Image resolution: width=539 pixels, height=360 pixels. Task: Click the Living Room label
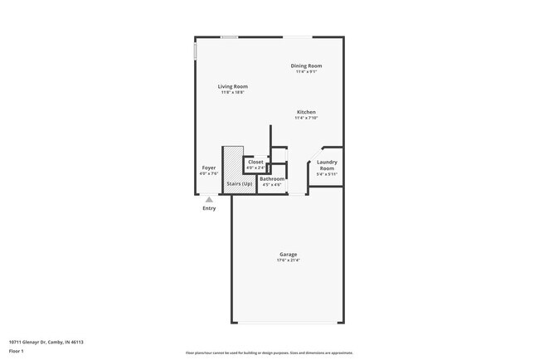pyautogui.click(x=233, y=86)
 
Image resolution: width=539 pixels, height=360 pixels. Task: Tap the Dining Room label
pyautogui.click(x=306, y=66)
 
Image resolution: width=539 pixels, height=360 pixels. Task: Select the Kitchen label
pyautogui.click(x=306, y=112)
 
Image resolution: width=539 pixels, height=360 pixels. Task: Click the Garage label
pyautogui.click(x=288, y=255)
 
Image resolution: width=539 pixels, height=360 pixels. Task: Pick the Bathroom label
pyautogui.click(x=272, y=179)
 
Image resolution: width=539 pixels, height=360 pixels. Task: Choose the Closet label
pyautogui.click(x=255, y=162)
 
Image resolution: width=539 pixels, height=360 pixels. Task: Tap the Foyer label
pyautogui.click(x=209, y=168)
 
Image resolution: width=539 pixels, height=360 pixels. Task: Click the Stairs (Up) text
pyautogui.click(x=240, y=183)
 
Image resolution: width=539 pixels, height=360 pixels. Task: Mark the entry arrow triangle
pyautogui.click(x=209, y=199)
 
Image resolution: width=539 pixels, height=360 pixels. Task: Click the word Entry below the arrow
pyautogui.click(x=209, y=208)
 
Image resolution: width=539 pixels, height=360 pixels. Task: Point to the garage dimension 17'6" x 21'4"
pyautogui.click(x=288, y=261)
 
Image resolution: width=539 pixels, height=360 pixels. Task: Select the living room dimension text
pyautogui.click(x=233, y=92)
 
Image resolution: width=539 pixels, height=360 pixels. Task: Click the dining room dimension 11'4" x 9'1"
pyautogui.click(x=306, y=71)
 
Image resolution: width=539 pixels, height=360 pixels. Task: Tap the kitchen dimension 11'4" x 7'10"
pyautogui.click(x=306, y=118)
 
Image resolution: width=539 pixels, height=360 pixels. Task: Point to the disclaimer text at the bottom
pyautogui.click(x=269, y=353)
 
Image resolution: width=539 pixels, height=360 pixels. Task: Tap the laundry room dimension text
pyautogui.click(x=327, y=174)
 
